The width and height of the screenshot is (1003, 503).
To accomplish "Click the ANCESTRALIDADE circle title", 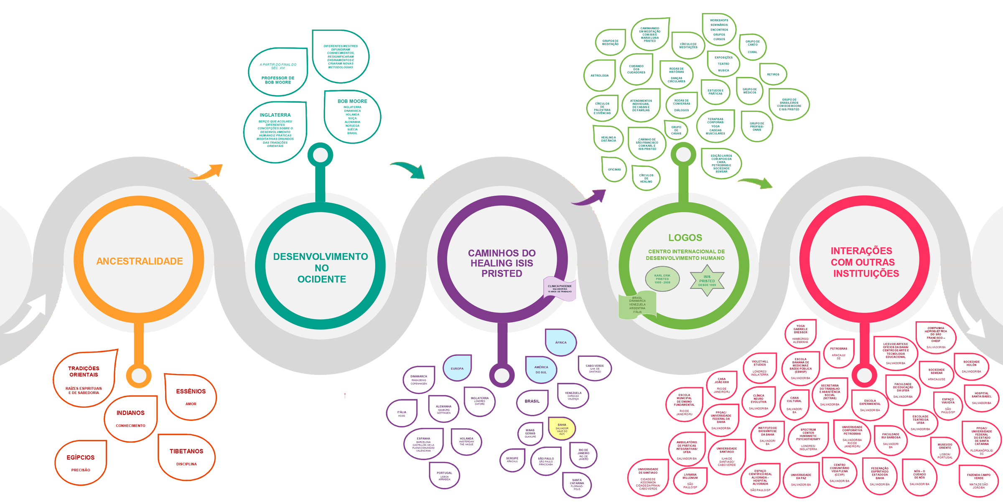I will pos(140,262).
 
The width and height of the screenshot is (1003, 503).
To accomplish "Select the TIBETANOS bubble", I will pos(186,457).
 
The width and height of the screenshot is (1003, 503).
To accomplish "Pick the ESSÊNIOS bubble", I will pos(191,396).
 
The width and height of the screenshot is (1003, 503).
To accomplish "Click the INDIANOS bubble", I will pos(130,418).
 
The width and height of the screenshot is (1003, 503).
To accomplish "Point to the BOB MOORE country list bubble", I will pos(352,117).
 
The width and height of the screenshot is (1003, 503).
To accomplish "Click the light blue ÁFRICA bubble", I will pos(561,343).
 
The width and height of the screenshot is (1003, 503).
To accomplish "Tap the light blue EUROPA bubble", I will pos(457,368).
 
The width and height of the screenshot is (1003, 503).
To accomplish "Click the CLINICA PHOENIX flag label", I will pos(560,288).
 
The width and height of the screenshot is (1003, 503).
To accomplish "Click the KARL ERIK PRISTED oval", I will pos(662,279).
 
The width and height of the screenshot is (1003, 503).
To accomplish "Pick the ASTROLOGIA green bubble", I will pos(599,76).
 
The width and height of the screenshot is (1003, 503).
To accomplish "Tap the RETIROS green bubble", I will pos(773,74).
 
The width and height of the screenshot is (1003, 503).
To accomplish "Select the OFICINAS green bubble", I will pos(614,170).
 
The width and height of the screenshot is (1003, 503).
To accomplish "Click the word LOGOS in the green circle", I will pos(685,238).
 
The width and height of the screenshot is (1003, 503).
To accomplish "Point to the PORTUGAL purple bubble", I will pos(444,476).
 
